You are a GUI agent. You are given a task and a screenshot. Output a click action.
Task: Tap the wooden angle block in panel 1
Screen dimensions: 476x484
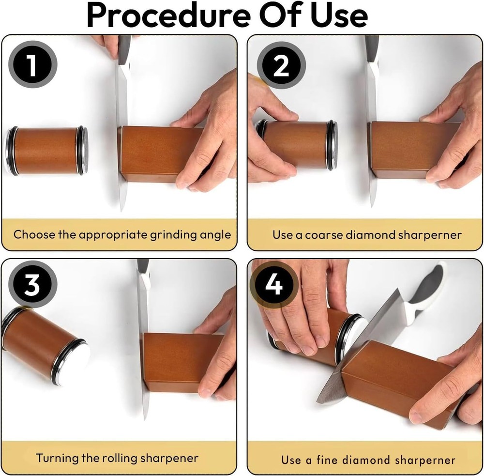(x=155, y=154)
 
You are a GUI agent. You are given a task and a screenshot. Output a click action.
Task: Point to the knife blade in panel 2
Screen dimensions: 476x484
(x=372, y=145)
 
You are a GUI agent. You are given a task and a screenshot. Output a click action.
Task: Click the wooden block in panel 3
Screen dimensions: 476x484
(x=174, y=361)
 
